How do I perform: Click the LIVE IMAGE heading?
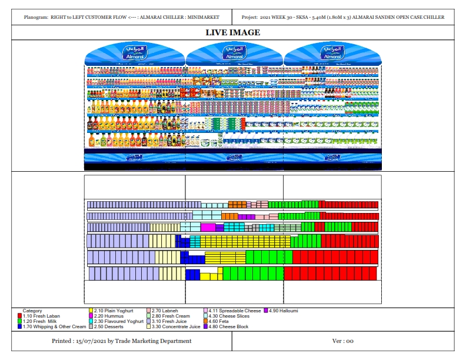[232, 32]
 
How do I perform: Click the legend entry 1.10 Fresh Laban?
[41, 316]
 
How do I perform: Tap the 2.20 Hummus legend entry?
[108, 316]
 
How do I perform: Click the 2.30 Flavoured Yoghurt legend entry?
[118, 321]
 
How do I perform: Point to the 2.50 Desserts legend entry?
[109, 326]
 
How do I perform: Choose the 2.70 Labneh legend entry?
[166, 311]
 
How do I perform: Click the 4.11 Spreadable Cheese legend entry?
[234, 311]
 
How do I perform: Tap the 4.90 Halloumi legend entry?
[284, 311]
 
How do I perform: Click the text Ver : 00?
[342, 341]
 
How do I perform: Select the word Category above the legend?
[32, 311]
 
